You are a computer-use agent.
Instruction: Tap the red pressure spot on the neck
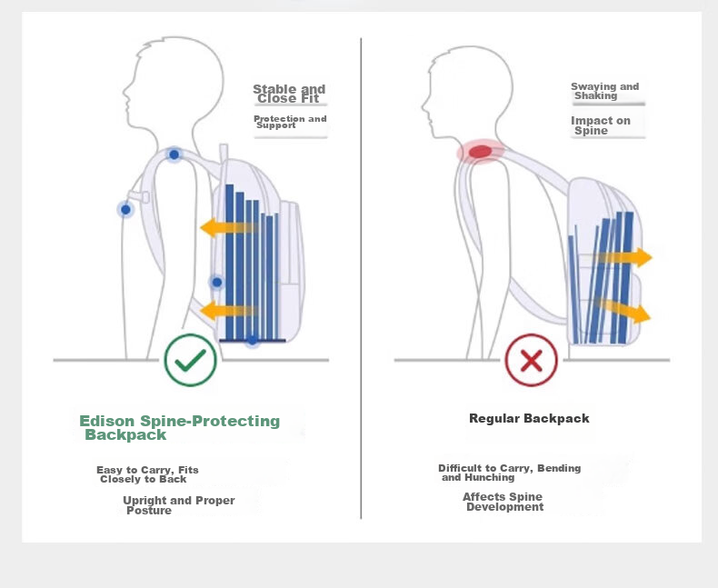point(481,152)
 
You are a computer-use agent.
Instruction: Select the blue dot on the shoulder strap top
point(174,154)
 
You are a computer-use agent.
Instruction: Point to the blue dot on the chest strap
point(125,210)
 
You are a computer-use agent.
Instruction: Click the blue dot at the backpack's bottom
point(253,340)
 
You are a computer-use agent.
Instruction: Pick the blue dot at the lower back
point(217,283)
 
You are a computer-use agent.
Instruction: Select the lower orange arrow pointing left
point(228,311)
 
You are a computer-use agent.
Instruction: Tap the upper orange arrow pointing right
point(623,257)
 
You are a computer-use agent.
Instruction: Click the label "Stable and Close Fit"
point(289,94)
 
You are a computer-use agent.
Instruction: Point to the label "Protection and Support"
point(290,122)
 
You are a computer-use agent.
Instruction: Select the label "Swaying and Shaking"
point(604,91)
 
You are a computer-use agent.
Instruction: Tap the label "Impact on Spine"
point(601,125)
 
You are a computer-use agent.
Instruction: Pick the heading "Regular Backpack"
point(529,418)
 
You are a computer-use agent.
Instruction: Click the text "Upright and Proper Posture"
point(178,505)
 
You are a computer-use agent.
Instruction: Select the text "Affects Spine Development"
point(503,502)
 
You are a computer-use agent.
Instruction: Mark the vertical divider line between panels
point(361,278)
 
